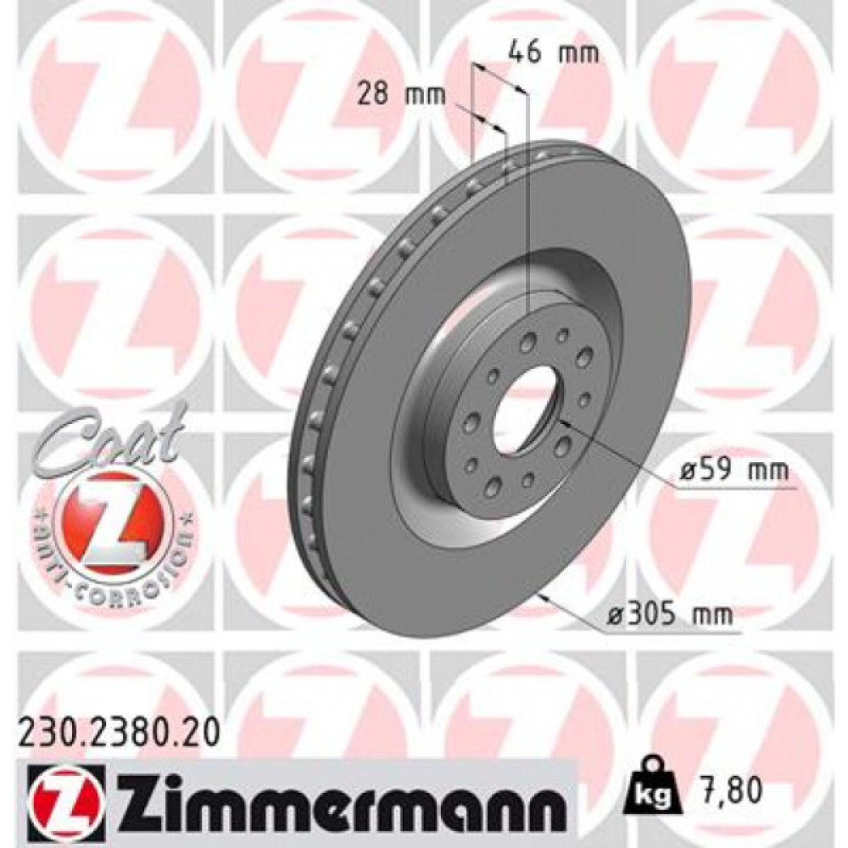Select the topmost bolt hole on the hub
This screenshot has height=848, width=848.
tap(561, 336)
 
